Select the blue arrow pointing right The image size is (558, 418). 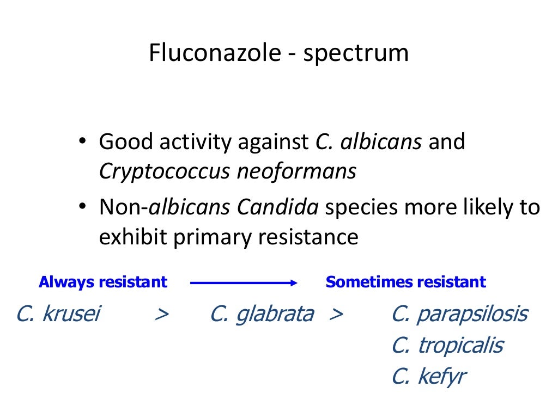(243, 282)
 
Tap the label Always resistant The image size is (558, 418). (103, 282)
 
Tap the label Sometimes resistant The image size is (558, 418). (405, 282)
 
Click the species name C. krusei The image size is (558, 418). (58, 314)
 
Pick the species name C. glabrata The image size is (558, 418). (262, 314)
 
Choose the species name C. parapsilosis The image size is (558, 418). (459, 314)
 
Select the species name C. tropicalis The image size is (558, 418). (447, 346)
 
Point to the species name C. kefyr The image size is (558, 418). (428, 377)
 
